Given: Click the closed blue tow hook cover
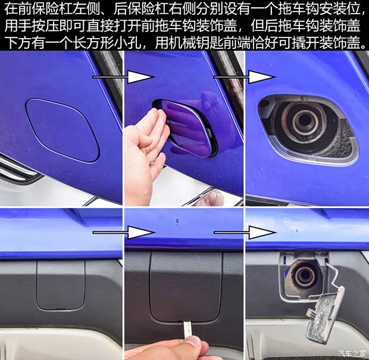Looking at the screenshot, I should point(63,129).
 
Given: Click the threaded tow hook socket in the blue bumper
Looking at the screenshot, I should point(305,123).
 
